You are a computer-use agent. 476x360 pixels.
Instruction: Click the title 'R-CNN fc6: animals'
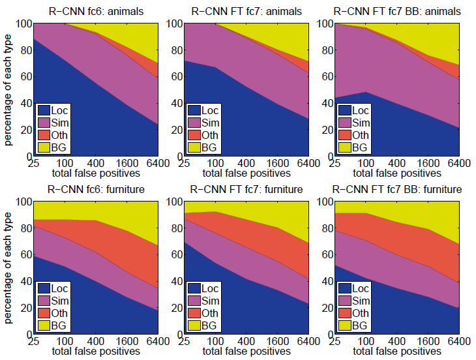coord(97,11)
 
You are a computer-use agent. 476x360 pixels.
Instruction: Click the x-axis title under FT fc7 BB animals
coord(396,173)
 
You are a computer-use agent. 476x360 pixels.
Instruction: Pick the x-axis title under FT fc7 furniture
coord(247,352)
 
